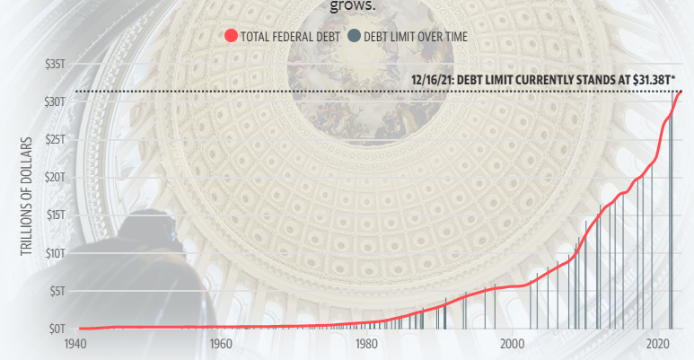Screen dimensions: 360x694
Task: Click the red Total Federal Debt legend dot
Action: (231, 36)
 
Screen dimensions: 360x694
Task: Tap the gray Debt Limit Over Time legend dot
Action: (354, 36)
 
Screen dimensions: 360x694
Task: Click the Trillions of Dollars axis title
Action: (27, 196)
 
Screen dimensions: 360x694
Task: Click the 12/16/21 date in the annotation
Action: (430, 79)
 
